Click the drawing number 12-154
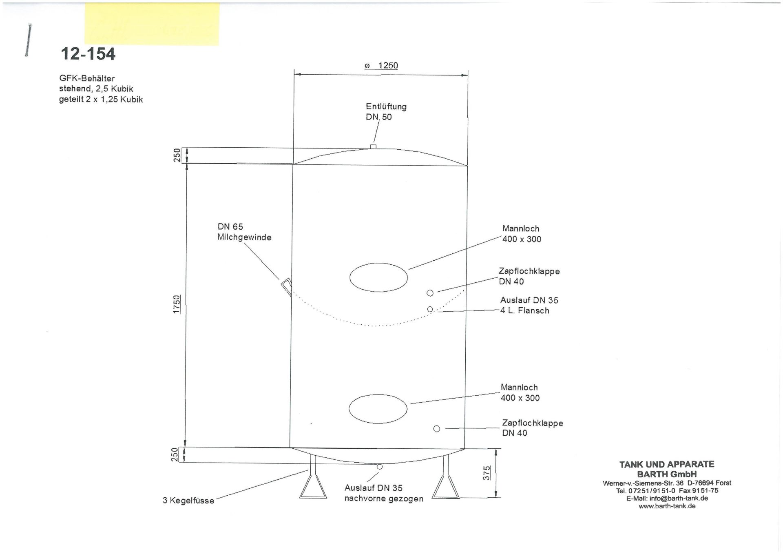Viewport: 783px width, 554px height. [x=88, y=54]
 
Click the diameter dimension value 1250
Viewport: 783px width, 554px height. [x=387, y=66]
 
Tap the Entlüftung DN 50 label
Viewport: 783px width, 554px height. [x=386, y=112]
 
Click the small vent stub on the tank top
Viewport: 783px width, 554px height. [x=373, y=146]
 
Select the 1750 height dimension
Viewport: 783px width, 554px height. [x=177, y=304]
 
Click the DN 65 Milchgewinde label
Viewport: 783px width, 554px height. [x=244, y=232]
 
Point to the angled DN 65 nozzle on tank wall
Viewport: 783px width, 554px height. [x=286, y=286]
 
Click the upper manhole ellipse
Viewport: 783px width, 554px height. [x=378, y=277]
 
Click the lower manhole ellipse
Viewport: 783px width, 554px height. [x=378, y=408]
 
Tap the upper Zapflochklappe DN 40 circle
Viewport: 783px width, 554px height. [x=430, y=293]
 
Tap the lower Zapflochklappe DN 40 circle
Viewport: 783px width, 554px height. [x=436, y=429]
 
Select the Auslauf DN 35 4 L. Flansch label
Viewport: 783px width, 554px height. [x=529, y=306]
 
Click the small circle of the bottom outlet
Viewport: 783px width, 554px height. [x=380, y=467]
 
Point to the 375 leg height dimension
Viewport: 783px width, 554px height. [x=487, y=473]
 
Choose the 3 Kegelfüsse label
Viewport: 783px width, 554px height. [x=188, y=501]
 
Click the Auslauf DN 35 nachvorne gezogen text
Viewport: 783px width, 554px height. [x=383, y=493]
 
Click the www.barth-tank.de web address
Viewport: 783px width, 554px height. [x=667, y=506]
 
